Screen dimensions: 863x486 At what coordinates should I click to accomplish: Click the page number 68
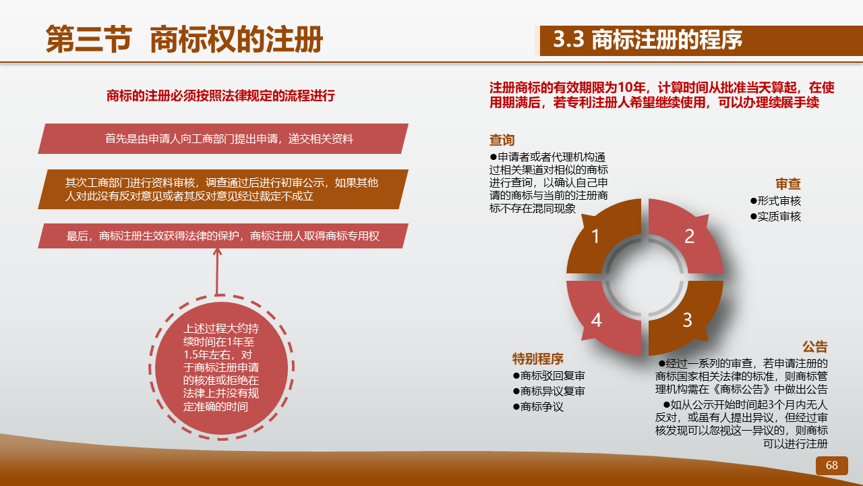tap(832, 465)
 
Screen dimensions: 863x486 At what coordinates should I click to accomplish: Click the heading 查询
tap(502, 140)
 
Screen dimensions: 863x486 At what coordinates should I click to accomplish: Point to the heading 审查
tap(788, 184)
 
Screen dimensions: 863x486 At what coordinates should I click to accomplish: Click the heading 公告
tap(815, 347)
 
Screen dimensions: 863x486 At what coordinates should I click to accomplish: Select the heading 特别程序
tap(538, 358)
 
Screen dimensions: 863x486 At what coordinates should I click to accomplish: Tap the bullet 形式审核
tap(775, 201)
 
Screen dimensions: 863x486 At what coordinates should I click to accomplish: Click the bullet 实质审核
tap(775, 217)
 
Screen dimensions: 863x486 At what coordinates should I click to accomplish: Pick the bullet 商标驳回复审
tap(549, 376)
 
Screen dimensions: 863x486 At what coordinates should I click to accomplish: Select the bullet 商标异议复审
tap(549, 391)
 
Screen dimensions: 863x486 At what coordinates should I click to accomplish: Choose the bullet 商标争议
tap(538, 406)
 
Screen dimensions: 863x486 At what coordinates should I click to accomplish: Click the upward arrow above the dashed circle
tap(217, 272)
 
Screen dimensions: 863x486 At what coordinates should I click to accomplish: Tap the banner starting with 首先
tap(223, 139)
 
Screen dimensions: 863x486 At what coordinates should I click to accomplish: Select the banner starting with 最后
tap(223, 236)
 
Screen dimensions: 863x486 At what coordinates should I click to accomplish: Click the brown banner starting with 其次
tap(223, 189)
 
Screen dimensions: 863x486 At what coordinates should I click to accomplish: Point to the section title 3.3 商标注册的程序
tap(648, 40)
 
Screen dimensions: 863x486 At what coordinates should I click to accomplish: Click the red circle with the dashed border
tap(222, 368)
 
